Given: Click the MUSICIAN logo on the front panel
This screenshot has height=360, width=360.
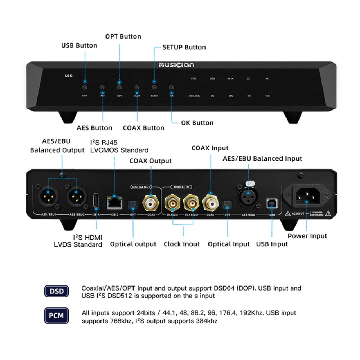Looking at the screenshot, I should pos(176,65).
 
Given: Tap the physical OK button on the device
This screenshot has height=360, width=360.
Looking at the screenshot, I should pos(171,88).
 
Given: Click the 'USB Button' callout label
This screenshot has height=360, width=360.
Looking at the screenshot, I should pos(79,45).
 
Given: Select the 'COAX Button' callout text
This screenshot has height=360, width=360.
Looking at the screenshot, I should pos(143,128).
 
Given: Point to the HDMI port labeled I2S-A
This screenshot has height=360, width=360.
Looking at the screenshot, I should pos(95,200).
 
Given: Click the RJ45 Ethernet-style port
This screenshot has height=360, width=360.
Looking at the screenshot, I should pos(114,202).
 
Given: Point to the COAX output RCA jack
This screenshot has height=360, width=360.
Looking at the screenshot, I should pos(152,203).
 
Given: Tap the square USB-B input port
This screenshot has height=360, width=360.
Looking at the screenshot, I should pos(271,204).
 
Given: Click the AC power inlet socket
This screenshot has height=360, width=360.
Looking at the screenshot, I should pos(306,197).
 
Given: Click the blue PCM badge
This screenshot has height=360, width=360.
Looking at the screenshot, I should pos(56,316).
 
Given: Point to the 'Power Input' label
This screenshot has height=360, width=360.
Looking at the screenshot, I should pos(307,236).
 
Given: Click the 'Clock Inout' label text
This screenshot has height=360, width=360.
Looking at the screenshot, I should pos(181,244).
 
